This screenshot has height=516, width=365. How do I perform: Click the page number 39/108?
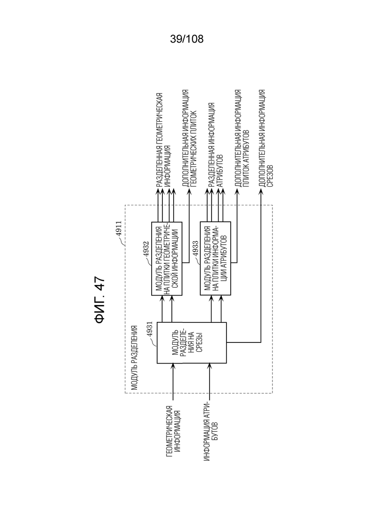[x=187, y=39]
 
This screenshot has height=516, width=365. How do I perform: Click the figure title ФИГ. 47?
[x=99, y=300]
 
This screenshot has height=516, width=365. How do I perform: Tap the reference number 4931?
[x=150, y=329]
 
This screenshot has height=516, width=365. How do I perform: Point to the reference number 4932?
[x=146, y=250]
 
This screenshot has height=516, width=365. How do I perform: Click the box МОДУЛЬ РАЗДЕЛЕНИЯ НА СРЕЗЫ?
[x=191, y=342]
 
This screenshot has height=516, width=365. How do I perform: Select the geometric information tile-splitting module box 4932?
[x=167, y=258]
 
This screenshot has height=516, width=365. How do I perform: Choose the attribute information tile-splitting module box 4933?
[x=215, y=258]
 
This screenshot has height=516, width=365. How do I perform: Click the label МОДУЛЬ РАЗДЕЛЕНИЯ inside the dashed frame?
[x=134, y=358]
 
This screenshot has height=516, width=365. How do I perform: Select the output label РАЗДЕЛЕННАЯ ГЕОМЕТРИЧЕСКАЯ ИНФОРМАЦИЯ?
[x=163, y=140]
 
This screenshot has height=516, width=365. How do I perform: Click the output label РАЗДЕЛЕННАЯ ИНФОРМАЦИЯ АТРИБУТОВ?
[x=215, y=145]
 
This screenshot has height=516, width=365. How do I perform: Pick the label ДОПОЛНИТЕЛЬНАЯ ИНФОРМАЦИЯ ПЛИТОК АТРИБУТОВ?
[x=241, y=138]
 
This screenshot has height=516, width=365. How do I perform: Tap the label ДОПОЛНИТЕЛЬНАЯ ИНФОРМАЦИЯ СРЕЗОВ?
[x=265, y=138]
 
